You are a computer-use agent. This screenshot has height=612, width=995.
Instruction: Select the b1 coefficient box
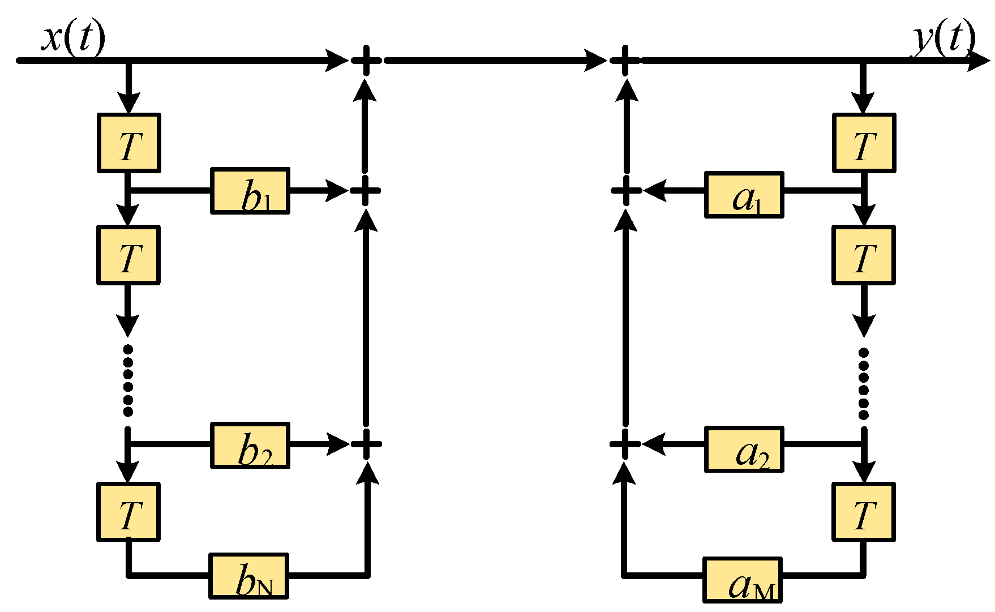[x=250, y=191]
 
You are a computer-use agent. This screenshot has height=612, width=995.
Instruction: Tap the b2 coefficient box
[x=250, y=445]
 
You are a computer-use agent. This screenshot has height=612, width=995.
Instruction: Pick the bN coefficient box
[x=249, y=576]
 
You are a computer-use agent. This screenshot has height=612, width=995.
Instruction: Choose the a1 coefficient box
[x=744, y=195]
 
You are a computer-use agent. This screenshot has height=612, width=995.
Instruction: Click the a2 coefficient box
[x=744, y=449]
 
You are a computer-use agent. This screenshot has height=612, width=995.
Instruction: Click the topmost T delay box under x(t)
[x=129, y=143]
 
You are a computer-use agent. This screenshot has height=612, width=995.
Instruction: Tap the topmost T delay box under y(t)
[x=864, y=143]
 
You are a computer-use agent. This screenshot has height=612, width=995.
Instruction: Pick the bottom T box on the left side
[x=128, y=512]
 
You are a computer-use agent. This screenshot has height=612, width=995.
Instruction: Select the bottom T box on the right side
[x=863, y=512]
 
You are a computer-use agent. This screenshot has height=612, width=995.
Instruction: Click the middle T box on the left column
[x=128, y=255]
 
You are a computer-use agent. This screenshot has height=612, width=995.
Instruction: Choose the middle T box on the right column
[x=863, y=255]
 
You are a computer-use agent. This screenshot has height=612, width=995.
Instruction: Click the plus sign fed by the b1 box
[x=365, y=190]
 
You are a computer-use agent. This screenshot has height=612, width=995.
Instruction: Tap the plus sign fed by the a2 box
[x=625, y=444]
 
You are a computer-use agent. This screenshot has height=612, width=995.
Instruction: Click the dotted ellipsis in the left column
[x=128, y=380]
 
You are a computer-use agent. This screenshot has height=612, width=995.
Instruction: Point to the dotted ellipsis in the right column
[x=863, y=384]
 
